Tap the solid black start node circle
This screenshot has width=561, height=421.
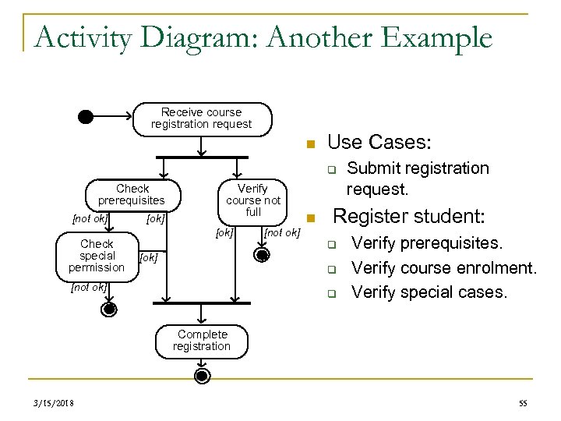(86, 117)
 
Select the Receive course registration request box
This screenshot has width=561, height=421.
(201, 118)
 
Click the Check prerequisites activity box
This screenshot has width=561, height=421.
(132, 195)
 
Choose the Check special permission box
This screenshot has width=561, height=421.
(97, 256)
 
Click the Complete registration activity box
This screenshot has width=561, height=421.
(202, 340)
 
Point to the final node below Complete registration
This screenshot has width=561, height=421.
(202, 377)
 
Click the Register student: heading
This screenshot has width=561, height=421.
(408, 216)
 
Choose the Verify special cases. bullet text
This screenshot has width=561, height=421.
(429, 292)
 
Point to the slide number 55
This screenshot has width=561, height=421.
(522, 403)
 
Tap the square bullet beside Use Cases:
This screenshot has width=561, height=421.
(309, 144)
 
